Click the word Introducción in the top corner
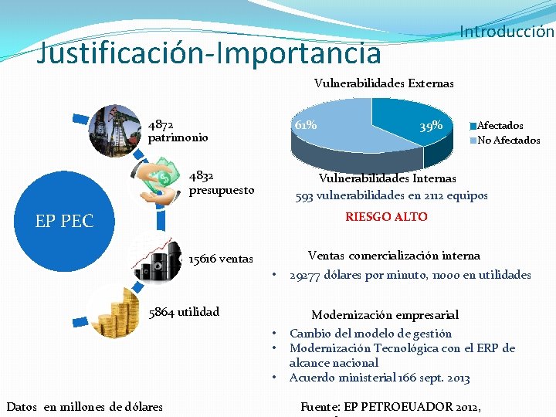pyautogui.click(x=507, y=32)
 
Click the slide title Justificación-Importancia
pyautogui.click(x=209, y=53)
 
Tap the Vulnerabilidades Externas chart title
pyautogui.click(x=384, y=83)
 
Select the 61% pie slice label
pyautogui.click(x=306, y=124)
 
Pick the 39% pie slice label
pyautogui.click(x=430, y=125)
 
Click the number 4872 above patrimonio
pyautogui.click(x=161, y=124)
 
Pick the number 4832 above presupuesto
pyautogui.click(x=202, y=176)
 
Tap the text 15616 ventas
pyautogui.click(x=221, y=259)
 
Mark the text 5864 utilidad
pyautogui.click(x=184, y=312)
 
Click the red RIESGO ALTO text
pyautogui.click(x=386, y=217)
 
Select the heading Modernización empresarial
pyautogui.click(x=385, y=315)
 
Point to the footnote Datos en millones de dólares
pyautogui.click(x=85, y=406)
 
